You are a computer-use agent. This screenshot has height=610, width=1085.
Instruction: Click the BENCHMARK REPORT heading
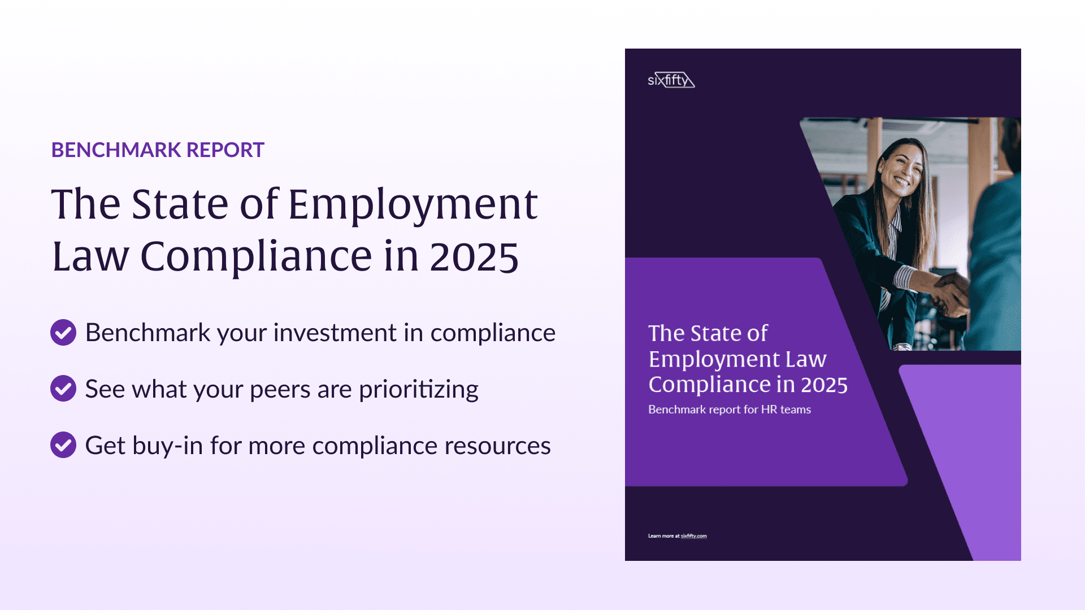pos(158,150)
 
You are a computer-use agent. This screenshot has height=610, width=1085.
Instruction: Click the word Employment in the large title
pos(413,204)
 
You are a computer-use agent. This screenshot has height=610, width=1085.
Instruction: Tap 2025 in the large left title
pos(474,257)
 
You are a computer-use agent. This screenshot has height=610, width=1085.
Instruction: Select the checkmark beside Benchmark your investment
pos(63,333)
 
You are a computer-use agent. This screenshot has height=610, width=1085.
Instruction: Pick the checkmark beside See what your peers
pos(63,389)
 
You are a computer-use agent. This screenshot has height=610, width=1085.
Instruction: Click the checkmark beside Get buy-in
pos(63,445)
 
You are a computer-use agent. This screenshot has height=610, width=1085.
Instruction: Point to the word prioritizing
pos(418,390)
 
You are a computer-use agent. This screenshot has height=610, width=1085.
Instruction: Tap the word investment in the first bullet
pos(335,333)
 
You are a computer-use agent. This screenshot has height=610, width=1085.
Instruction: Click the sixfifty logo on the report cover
pos(671,80)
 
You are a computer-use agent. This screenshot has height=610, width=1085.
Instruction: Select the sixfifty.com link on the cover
pos(693,536)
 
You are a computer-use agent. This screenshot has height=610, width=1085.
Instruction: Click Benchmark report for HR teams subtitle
pos(729,409)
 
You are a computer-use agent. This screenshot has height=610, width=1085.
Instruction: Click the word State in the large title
pos(180,204)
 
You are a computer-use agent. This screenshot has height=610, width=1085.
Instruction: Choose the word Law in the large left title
pos(90,257)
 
